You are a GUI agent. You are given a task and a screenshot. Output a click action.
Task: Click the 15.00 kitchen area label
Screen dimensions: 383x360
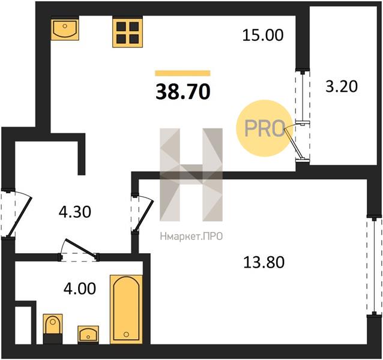(x=263, y=35)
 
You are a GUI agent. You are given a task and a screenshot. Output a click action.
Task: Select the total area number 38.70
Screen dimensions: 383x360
(x=183, y=92)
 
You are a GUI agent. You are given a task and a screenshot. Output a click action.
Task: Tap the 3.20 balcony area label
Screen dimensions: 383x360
(x=342, y=86)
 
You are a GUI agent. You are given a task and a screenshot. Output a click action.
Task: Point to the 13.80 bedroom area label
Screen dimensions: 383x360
(x=264, y=262)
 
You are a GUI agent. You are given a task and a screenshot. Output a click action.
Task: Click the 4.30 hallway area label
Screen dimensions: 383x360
(x=75, y=212)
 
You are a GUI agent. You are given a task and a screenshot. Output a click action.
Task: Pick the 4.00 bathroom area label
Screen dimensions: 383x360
(x=80, y=289)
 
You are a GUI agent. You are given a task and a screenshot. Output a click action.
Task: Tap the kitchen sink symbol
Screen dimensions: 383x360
(x=65, y=29)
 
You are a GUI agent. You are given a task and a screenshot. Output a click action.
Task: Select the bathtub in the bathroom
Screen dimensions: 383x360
(x=126, y=310)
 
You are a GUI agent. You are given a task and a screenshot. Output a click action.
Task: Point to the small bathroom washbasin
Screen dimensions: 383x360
(x=88, y=334)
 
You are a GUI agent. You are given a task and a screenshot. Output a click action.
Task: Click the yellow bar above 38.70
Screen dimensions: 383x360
(x=182, y=73)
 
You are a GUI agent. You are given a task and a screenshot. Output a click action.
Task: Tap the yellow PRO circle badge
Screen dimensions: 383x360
(x=264, y=128)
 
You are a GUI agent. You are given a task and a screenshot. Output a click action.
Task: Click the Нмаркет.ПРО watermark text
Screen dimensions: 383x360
(x=191, y=236)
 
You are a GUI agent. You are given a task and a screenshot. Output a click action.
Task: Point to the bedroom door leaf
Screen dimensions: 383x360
(x=144, y=216)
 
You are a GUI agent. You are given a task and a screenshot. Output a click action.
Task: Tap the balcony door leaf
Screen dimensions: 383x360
(x=292, y=143)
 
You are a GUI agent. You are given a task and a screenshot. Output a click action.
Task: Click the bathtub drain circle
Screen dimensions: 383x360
(x=126, y=334)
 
